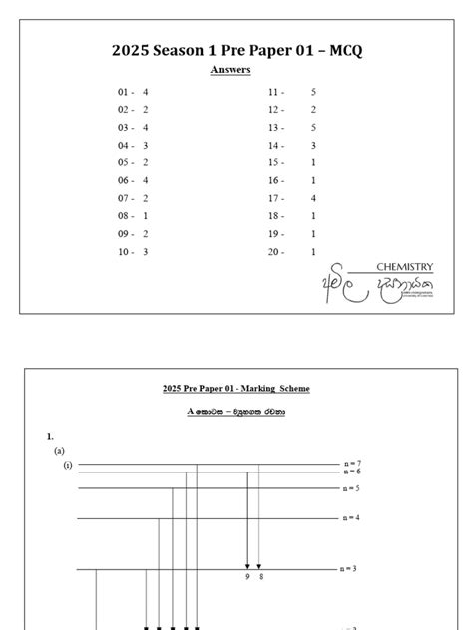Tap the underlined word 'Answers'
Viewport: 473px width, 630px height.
click(x=230, y=70)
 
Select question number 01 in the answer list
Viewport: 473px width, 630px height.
click(x=124, y=91)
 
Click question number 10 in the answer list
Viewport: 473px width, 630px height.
click(x=124, y=252)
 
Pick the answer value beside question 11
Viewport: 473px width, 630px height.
click(x=313, y=91)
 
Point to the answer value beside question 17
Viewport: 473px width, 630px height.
click(x=313, y=198)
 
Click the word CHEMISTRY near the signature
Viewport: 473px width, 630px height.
click(x=404, y=267)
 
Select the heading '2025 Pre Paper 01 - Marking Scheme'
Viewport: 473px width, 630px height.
click(x=236, y=388)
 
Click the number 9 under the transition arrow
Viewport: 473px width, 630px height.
click(x=247, y=577)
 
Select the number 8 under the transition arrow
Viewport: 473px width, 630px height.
click(x=260, y=577)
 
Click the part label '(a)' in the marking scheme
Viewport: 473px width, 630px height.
click(x=59, y=451)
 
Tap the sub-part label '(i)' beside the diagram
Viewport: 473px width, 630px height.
click(x=68, y=465)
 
